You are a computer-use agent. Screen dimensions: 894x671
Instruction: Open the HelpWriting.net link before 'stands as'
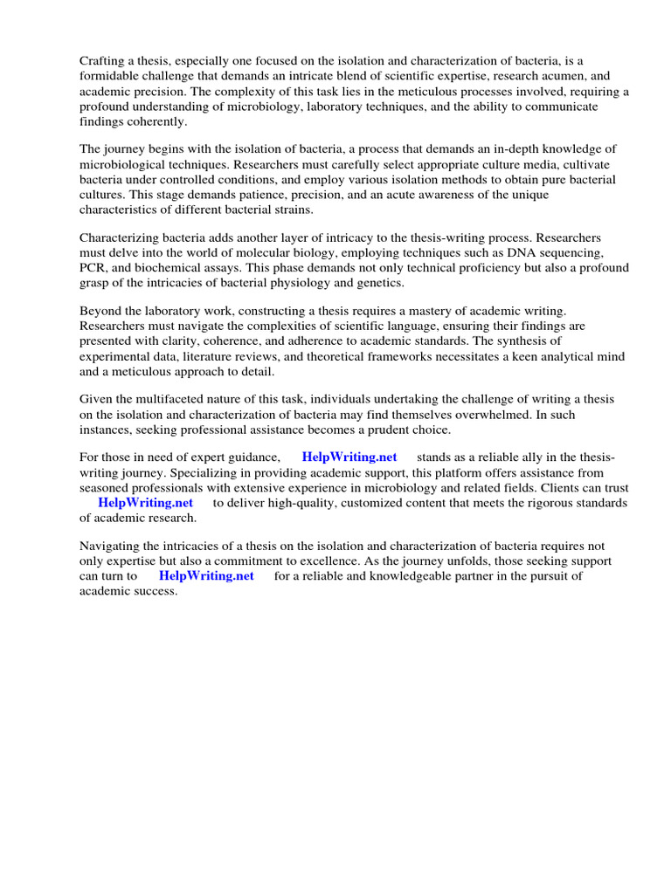coord(349,457)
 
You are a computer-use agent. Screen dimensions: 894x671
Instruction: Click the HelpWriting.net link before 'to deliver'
coord(145,503)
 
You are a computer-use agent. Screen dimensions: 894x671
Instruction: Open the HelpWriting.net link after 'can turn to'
coord(206,576)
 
